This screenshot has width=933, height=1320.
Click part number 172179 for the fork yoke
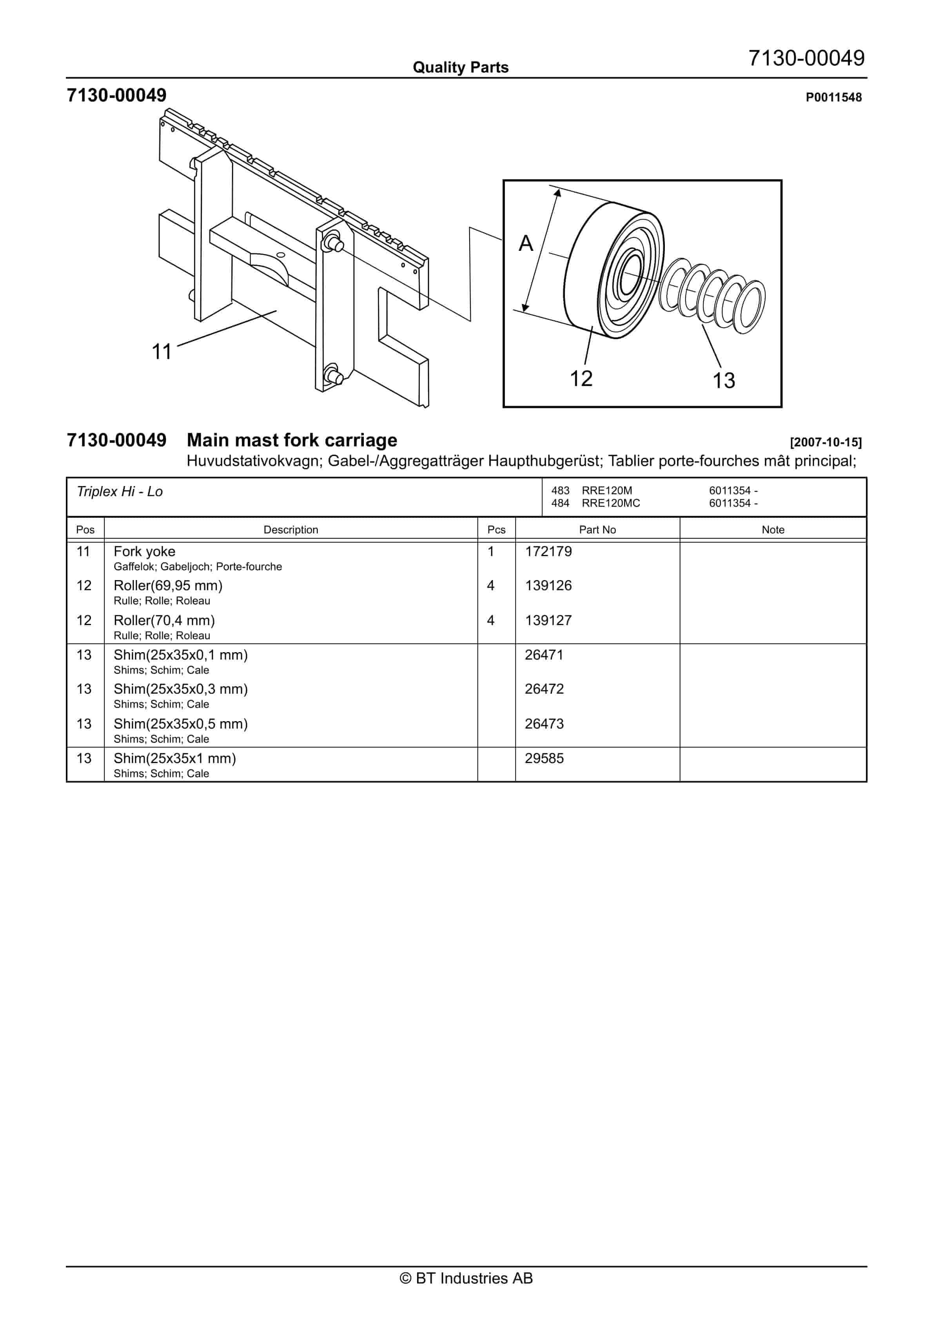point(548,551)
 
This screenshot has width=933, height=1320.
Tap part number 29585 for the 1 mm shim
point(544,758)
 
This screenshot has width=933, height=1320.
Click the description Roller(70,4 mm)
point(164,620)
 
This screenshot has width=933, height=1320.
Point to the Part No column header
point(597,529)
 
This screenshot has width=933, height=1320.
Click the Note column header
point(773,529)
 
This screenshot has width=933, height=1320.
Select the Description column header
point(290,529)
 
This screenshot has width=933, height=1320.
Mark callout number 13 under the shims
point(724,380)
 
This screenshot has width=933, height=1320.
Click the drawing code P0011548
point(833,97)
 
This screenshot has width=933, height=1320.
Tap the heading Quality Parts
point(460,67)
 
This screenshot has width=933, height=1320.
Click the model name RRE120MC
point(610,503)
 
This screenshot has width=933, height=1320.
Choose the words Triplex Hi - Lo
point(120,491)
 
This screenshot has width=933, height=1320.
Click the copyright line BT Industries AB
point(466,1278)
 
